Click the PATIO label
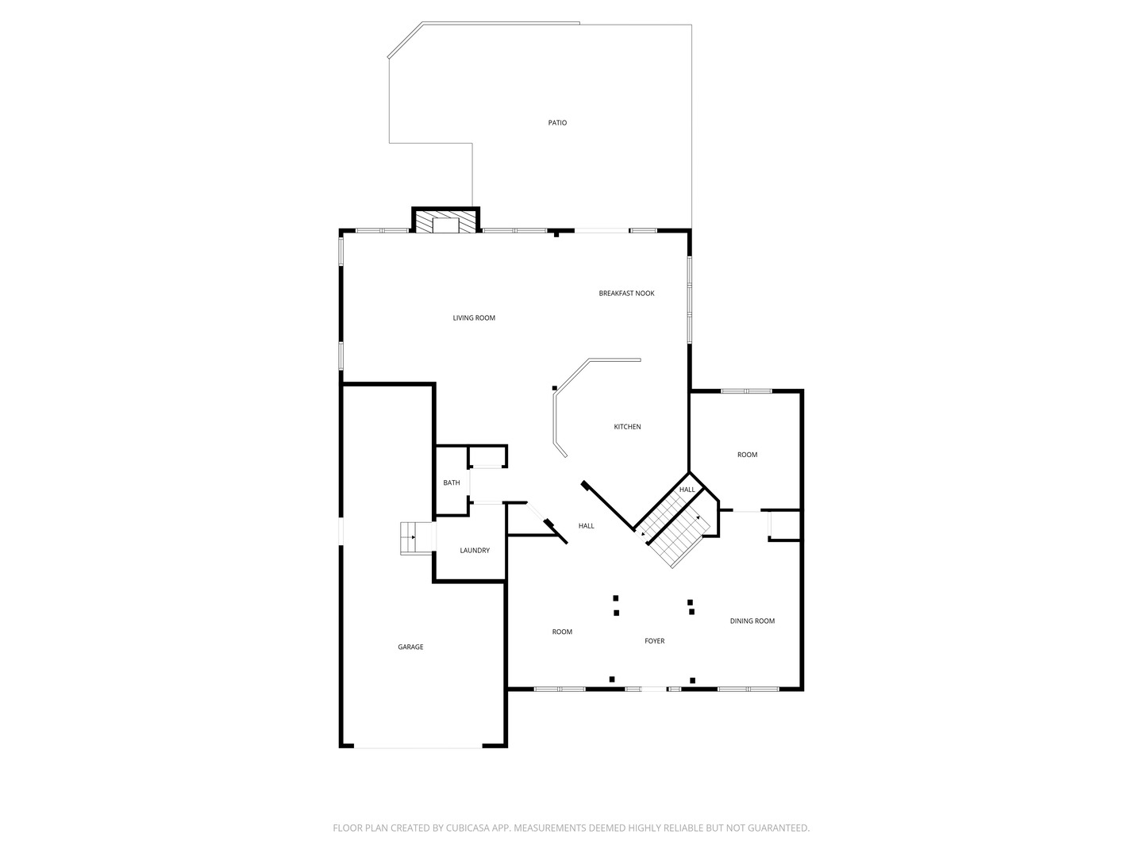pyautogui.click(x=557, y=123)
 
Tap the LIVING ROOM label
pyautogui.click(x=474, y=318)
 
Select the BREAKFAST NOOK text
pyautogui.click(x=626, y=294)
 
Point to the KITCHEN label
pyautogui.click(x=627, y=427)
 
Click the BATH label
pyautogui.click(x=451, y=482)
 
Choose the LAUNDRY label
pyautogui.click(x=475, y=551)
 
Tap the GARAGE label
pyautogui.click(x=410, y=648)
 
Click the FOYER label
pyautogui.click(x=654, y=641)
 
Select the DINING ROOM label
pyautogui.click(x=752, y=621)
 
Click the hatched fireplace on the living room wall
pyautogui.click(x=445, y=221)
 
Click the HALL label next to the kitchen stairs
pyautogui.click(x=687, y=490)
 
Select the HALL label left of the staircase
pyautogui.click(x=586, y=526)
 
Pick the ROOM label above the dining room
pyautogui.click(x=747, y=455)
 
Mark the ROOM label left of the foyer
pyautogui.click(x=562, y=632)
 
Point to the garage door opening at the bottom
pyautogui.click(x=418, y=747)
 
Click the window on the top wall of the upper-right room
pyautogui.click(x=746, y=390)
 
